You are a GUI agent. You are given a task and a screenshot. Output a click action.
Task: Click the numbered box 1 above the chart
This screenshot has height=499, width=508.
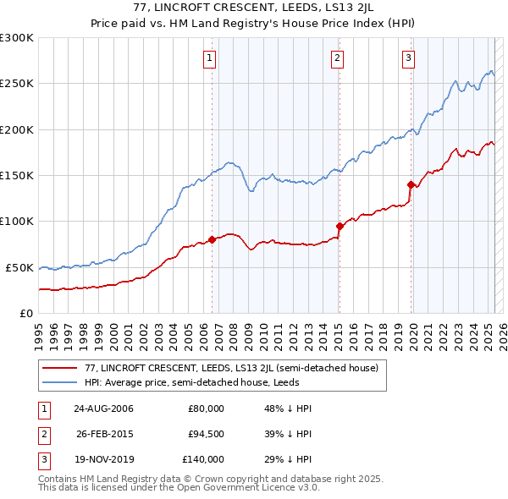[208, 58]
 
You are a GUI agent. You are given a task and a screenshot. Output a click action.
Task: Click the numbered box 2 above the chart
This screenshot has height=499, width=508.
[337, 58]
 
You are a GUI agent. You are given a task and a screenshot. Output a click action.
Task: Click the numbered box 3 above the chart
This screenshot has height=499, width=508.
[408, 58]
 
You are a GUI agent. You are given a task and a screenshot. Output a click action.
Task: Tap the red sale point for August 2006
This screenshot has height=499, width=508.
[213, 239]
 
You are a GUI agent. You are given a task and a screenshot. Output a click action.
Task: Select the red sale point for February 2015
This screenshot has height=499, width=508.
[340, 226]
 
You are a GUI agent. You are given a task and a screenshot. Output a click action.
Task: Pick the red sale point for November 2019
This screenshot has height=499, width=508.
[411, 184]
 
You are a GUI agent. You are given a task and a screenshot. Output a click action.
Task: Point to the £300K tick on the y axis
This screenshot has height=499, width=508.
[17, 38]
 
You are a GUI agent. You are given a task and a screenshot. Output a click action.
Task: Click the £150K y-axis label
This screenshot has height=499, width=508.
[17, 176]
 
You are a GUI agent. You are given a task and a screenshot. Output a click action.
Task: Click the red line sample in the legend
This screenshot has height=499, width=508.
[58, 368]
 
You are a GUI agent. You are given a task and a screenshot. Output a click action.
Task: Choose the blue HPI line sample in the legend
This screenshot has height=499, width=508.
[58, 381]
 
